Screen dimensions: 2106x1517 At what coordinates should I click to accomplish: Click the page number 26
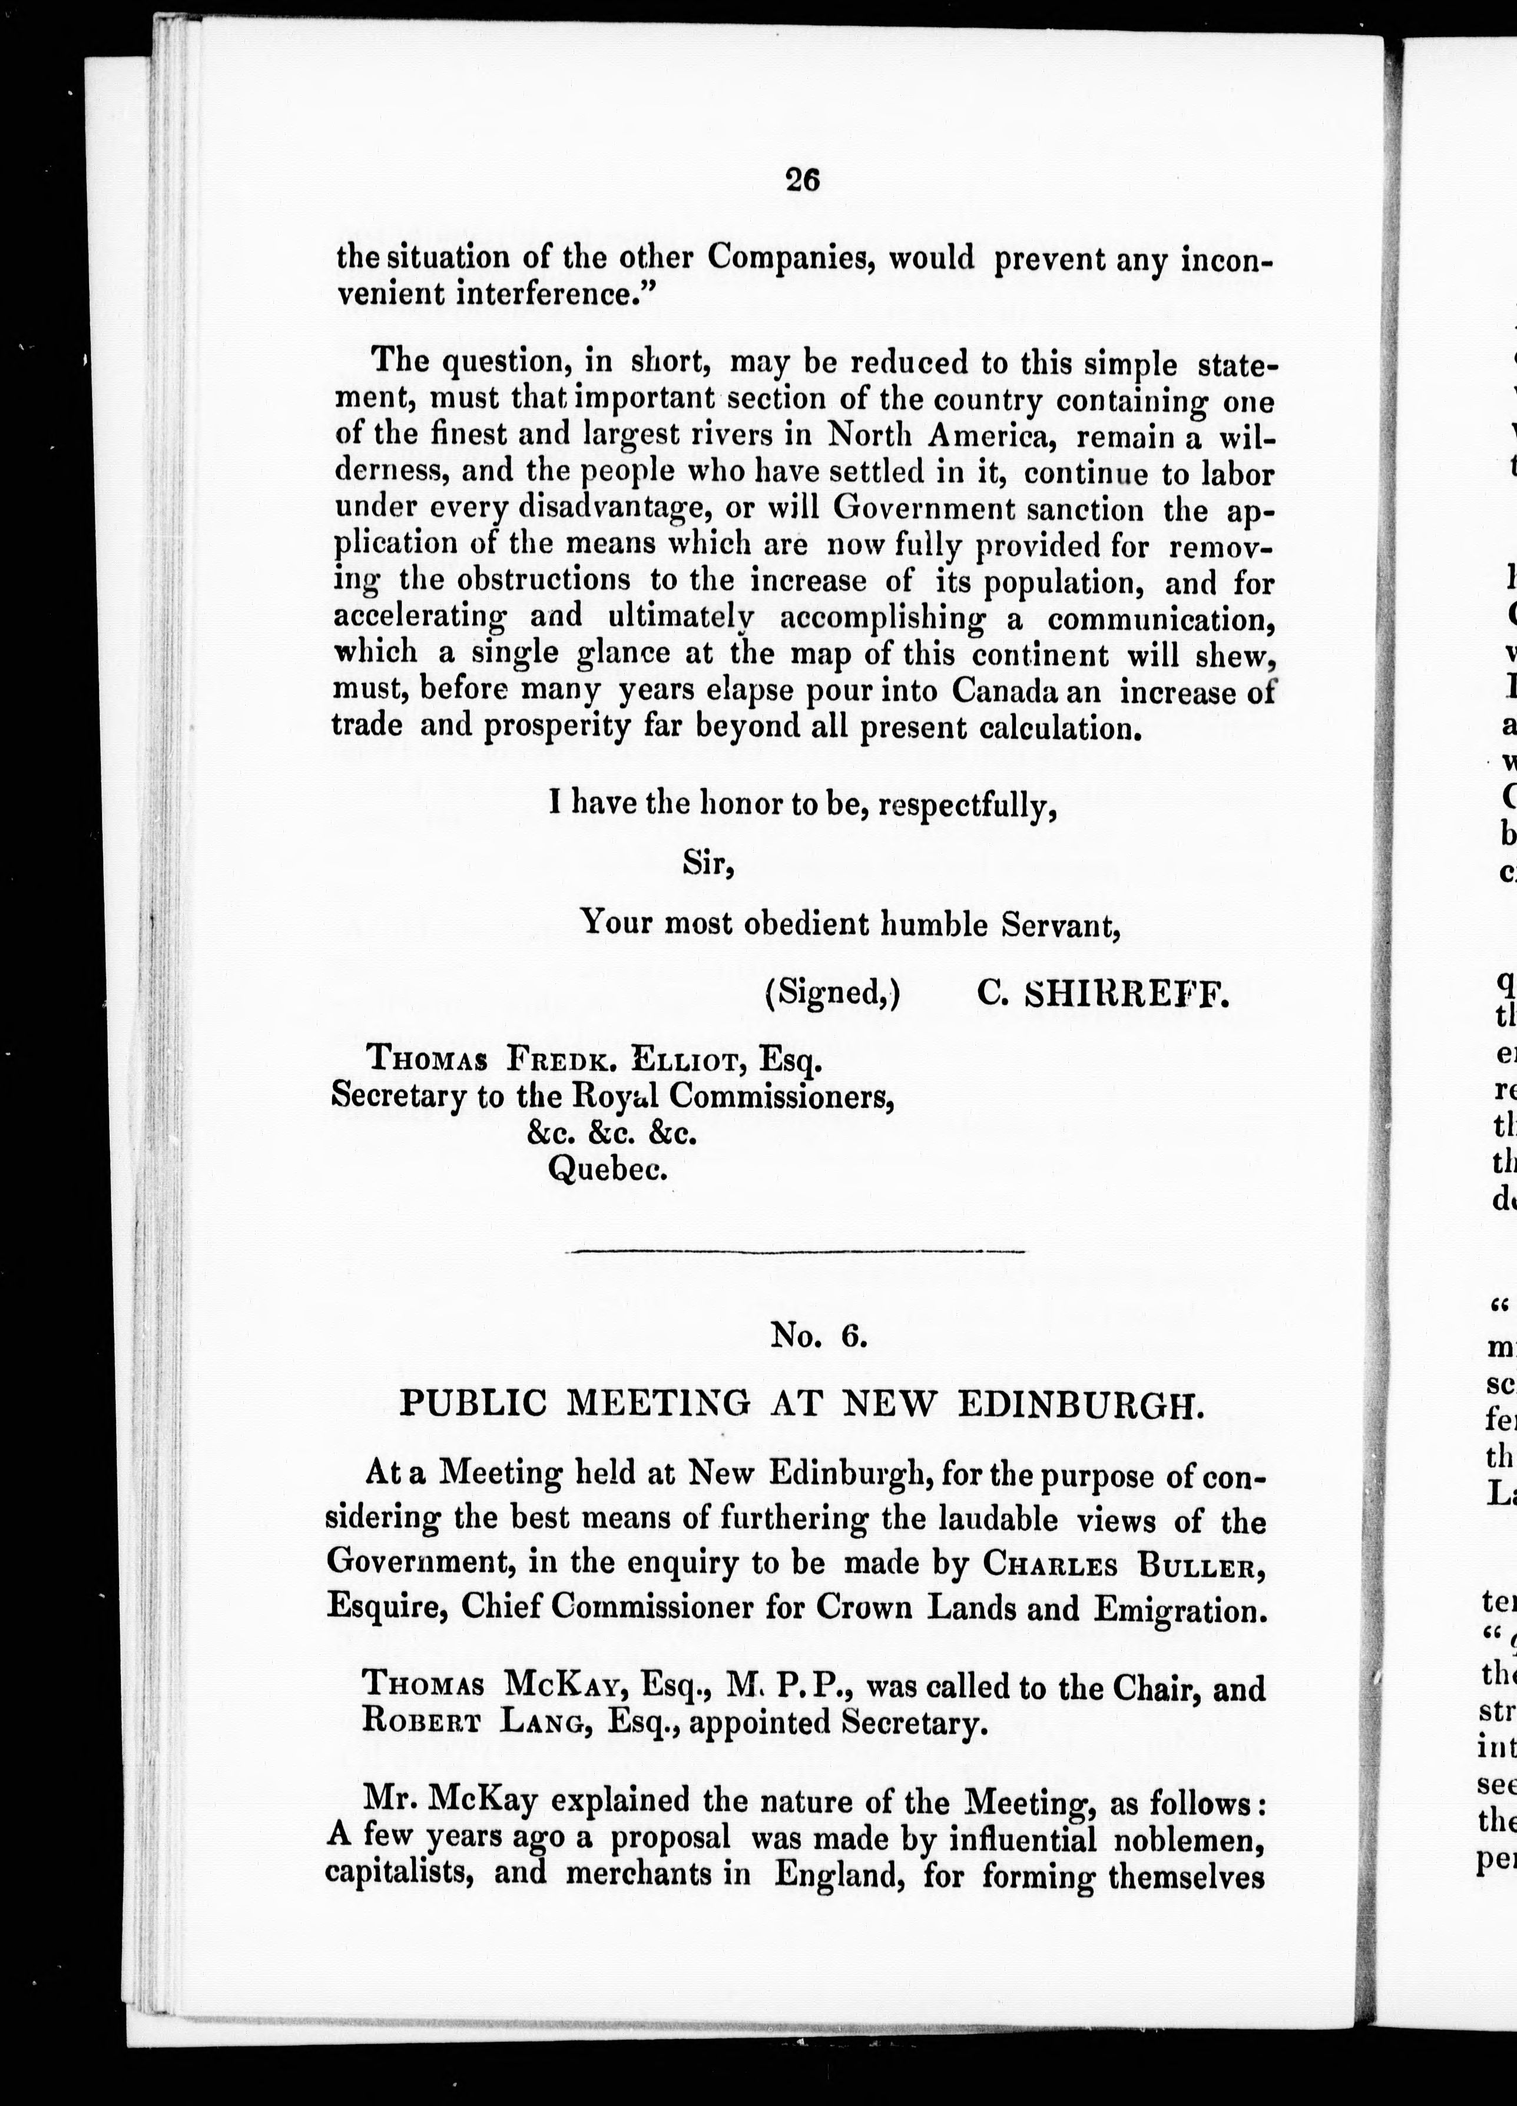802,179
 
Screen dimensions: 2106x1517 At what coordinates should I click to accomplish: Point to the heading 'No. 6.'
819,1335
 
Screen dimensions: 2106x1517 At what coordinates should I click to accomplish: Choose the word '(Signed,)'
833,995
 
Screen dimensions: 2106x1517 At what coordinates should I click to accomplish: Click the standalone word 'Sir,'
709,863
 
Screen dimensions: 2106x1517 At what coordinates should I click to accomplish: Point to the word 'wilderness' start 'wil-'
1245,435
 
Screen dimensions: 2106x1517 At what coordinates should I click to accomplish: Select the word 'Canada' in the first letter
1008,693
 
